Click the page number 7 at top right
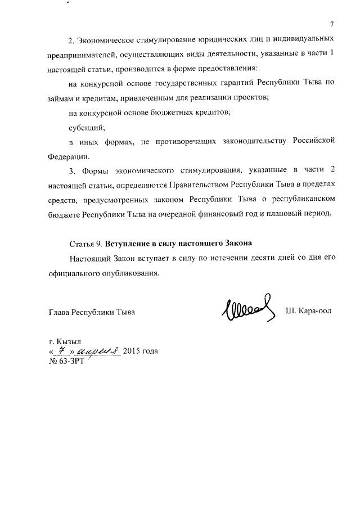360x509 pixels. (x=332, y=24)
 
